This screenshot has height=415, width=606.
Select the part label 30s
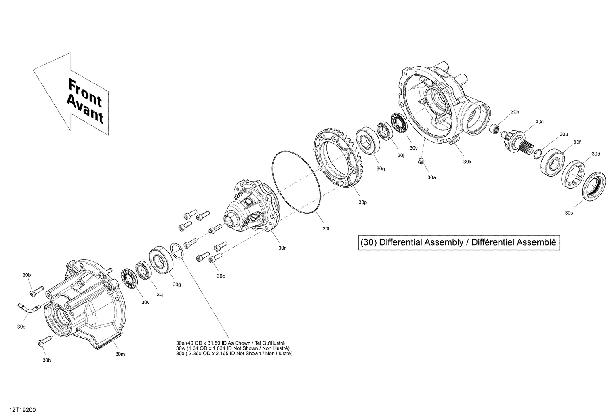569,213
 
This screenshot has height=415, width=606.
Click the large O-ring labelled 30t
297,182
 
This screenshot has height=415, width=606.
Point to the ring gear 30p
337,158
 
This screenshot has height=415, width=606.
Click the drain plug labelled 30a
420,162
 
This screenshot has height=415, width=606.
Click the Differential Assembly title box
459,242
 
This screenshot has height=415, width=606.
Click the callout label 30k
467,161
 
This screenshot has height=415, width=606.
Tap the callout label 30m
120,354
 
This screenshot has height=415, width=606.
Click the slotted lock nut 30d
574,174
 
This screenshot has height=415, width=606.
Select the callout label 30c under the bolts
221,276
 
